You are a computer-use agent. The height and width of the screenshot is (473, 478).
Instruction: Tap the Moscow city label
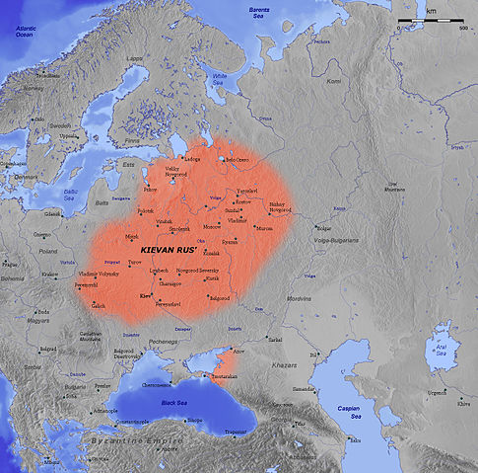[x=212, y=226]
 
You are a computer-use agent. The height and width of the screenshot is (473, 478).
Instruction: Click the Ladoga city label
[x=192, y=159]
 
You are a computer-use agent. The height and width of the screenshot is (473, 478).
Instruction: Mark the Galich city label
[x=99, y=306]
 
